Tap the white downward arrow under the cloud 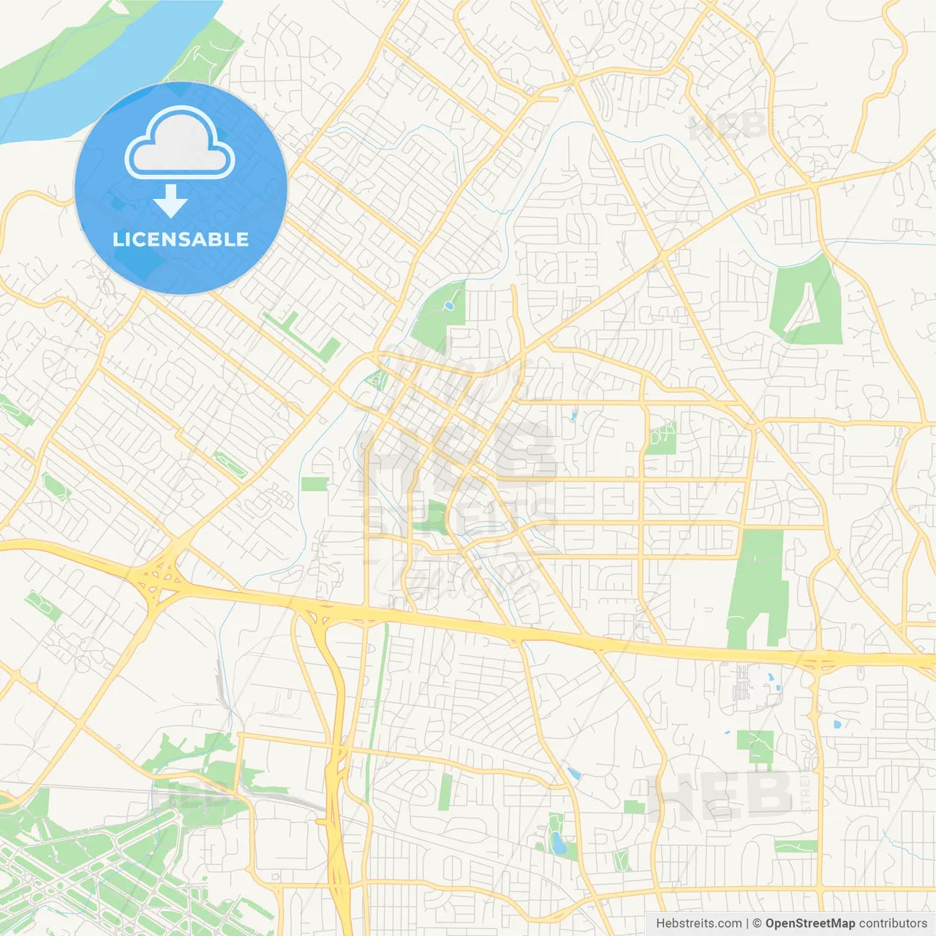tap(171, 201)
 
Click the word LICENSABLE tap(181, 240)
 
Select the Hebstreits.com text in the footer tap(698, 924)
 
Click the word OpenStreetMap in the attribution tap(810, 924)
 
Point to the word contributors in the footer tap(893, 924)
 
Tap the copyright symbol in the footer tap(757, 924)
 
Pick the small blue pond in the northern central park tap(449, 304)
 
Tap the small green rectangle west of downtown tap(314, 484)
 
